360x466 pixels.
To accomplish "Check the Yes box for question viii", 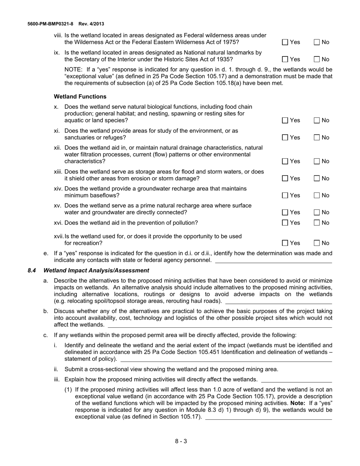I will (x=285, y=42).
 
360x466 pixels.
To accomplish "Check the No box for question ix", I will (x=317, y=59).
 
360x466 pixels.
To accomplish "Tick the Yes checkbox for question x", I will (x=285, y=120).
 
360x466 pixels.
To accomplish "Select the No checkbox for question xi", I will (x=317, y=138).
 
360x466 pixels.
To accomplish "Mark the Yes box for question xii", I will (x=285, y=161).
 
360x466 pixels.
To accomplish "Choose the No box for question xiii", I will (x=317, y=178).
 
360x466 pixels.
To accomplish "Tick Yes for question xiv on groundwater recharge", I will (x=285, y=195).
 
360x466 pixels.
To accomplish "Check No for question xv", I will (x=317, y=213).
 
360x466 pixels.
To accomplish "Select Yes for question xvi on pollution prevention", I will (x=285, y=223).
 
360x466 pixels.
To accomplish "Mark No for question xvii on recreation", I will (x=317, y=243).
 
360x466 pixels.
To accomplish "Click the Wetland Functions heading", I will (x=80, y=97).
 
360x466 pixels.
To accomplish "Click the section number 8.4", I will (x=32, y=271).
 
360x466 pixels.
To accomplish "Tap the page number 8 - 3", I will (x=181, y=441).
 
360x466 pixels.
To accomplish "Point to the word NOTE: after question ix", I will (x=74, y=70).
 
